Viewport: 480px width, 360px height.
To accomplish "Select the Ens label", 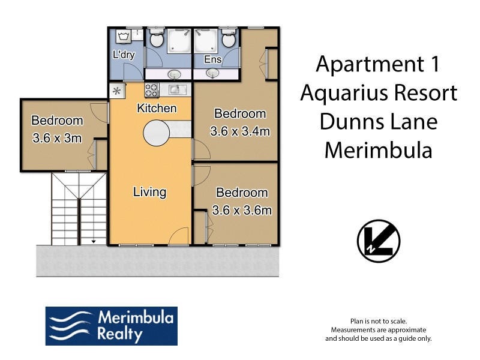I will [212, 59].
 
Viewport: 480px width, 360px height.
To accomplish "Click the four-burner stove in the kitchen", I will [151, 91].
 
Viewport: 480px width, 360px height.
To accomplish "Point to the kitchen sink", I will [175, 91].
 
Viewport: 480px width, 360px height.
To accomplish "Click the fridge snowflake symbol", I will [117, 92].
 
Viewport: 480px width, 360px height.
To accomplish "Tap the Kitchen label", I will [157, 109].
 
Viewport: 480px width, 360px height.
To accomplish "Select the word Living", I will [149, 193].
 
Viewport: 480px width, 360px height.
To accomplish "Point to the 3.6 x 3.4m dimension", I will [239, 131].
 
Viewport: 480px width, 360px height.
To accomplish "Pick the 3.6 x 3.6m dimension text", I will [242, 211].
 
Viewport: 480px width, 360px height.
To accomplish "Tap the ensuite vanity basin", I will [212, 74].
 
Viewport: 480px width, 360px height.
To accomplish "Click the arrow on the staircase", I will [93, 241].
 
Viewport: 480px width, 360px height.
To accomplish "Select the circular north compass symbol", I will [378, 242].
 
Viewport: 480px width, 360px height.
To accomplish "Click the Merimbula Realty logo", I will [112, 326].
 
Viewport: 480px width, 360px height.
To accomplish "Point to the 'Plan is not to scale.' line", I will [378, 322].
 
